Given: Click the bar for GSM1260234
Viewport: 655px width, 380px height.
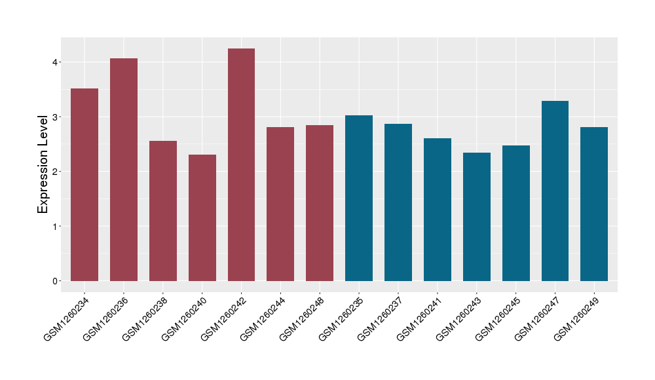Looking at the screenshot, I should pos(84,185).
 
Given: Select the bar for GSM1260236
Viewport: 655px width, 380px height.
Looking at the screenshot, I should pos(124,170).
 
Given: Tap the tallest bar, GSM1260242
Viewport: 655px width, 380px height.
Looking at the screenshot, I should pos(241,164).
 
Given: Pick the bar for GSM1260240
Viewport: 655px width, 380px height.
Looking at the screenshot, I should pos(202,218).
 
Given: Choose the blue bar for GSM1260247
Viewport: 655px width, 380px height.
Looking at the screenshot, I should pos(555,191).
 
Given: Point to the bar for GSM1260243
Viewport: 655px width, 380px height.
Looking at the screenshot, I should pos(476,217).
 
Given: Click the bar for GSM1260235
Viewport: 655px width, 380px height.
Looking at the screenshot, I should pos(359,198).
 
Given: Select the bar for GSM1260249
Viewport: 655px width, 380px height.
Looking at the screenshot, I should pos(594,204).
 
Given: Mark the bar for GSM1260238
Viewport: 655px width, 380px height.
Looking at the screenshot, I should pos(163,211).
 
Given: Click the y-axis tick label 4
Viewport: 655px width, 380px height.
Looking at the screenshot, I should pos(56,62).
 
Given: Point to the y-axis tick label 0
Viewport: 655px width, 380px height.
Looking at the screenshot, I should pos(56,281).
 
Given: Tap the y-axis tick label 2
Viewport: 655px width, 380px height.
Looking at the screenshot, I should pos(56,172).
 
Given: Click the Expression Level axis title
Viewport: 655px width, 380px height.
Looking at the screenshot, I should pos(43,164).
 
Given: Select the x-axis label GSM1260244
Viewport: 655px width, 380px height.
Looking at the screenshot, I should pos(262,318).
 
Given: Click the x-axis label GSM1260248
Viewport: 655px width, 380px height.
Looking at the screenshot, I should pos(301,318).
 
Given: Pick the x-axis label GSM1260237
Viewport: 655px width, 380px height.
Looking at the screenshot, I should pos(380,318).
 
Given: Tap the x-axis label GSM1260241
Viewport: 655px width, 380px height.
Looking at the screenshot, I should pos(419,318).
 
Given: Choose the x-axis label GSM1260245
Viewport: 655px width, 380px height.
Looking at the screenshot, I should pos(498,318).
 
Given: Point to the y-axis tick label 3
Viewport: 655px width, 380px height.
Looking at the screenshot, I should pos(56,117).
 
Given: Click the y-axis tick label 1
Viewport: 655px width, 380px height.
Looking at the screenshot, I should pos(56,227).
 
